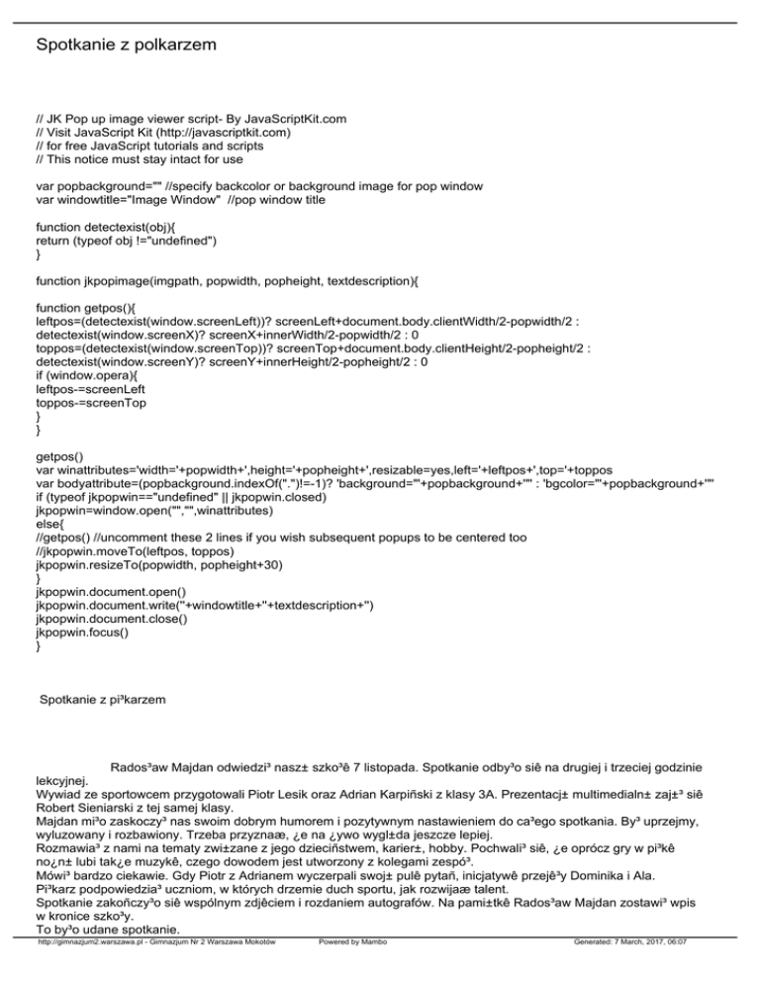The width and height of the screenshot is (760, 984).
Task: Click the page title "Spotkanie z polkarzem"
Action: (125, 46)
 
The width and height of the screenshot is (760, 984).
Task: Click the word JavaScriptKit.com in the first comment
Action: (291, 119)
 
